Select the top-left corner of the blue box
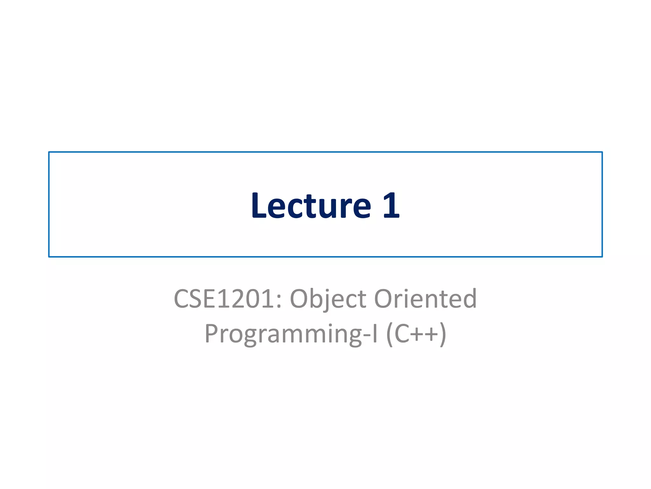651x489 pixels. click(49, 152)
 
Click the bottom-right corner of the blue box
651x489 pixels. click(602, 257)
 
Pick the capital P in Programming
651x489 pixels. click(211, 333)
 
